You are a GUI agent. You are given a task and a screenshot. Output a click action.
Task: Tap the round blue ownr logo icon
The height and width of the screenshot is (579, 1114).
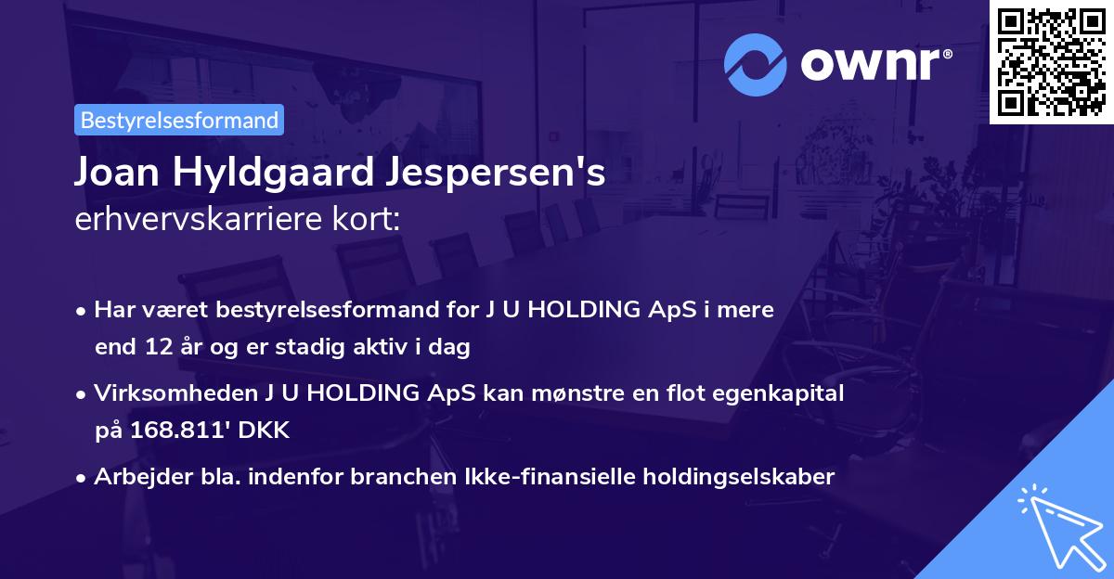click(757, 65)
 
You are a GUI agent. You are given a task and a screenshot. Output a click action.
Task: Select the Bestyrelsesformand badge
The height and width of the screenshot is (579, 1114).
click(179, 120)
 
